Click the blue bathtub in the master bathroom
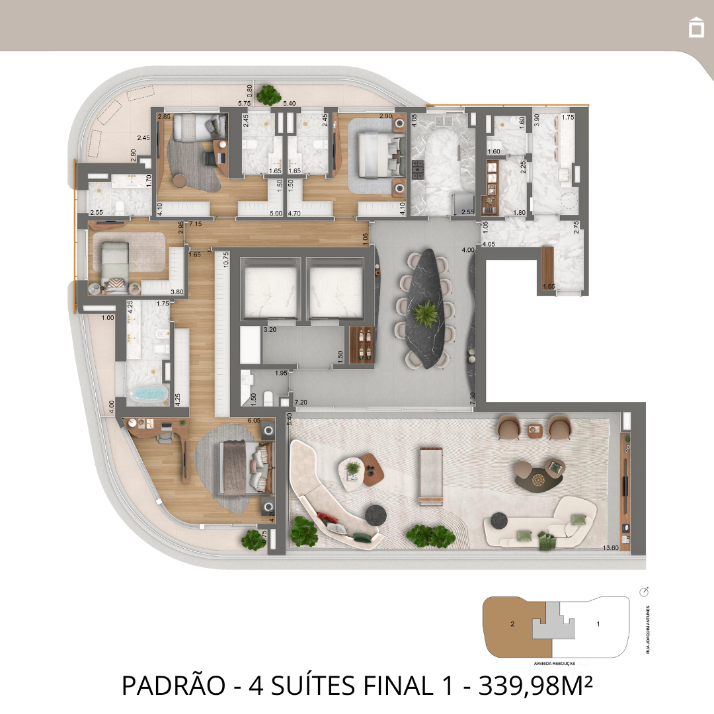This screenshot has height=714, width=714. tap(148, 395)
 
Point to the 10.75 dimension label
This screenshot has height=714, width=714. tap(225, 259)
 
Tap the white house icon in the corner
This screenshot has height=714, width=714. tap(695, 27)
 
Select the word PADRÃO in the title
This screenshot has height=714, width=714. tap(173, 685)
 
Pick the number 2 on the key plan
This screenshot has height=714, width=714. tap(512, 623)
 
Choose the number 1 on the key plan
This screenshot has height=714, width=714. tap(598, 623)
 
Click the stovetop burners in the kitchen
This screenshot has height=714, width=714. tap(418, 169)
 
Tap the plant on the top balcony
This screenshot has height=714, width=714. tap(269, 95)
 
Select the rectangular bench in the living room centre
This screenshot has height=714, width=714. tap(430, 475)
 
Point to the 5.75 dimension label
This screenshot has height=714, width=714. tap(245, 103)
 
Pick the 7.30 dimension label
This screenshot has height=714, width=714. tap(472, 399)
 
